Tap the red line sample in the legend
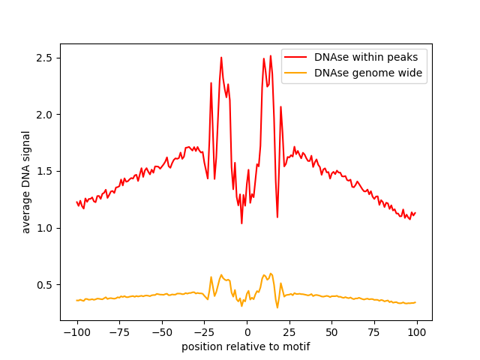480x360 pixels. pos(297,56)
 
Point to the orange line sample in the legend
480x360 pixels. pos(297,73)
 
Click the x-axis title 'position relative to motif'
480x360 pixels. pos(246,346)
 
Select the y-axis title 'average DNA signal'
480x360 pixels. pos(26,182)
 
